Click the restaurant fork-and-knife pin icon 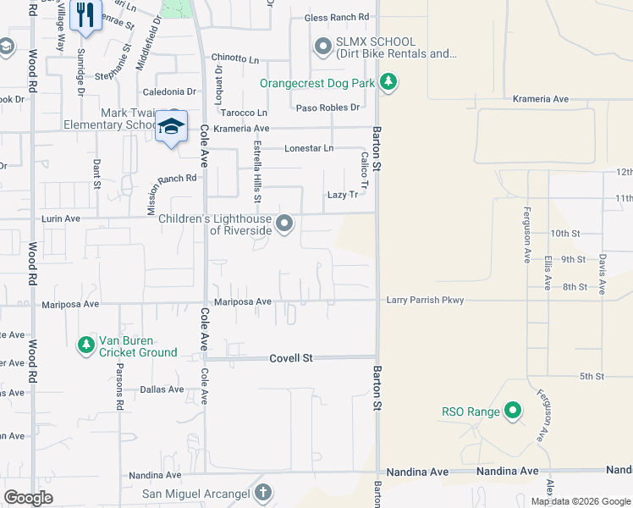pyautogui.click(x=85, y=16)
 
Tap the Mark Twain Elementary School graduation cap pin pyautogui.click(x=172, y=127)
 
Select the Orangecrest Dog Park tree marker pyautogui.click(x=388, y=82)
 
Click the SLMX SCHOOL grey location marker pyautogui.click(x=322, y=47)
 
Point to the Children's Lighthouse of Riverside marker pyautogui.click(x=285, y=224)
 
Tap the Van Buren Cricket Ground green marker pyautogui.click(x=85, y=345)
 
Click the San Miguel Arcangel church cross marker pyautogui.click(x=263, y=493)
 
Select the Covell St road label pyautogui.click(x=291, y=358)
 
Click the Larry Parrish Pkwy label pyautogui.click(x=425, y=300)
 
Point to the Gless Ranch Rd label pyautogui.click(x=337, y=17)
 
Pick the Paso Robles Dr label pyautogui.click(x=328, y=108)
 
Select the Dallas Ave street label pyautogui.click(x=162, y=389)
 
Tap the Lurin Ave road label pyautogui.click(x=61, y=218)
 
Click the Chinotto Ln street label pyautogui.click(x=235, y=58)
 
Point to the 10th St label pyautogui.click(x=564, y=233)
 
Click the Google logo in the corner pyautogui.click(x=28, y=498)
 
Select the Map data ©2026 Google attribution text pyautogui.click(x=580, y=501)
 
